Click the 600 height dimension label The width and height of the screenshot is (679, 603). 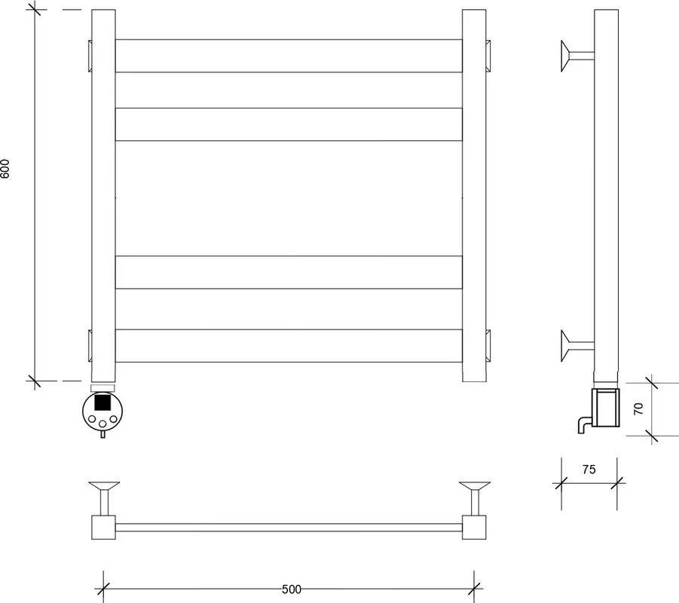tap(5, 169)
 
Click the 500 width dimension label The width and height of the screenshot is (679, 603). tap(292, 589)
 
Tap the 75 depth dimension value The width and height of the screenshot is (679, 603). tap(589, 470)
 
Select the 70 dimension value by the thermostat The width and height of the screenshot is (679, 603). tap(638, 409)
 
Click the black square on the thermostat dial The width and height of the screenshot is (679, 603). tap(102, 403)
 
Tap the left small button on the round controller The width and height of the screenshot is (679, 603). tap(92, 419)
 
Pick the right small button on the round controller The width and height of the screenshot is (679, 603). tap(114, 419)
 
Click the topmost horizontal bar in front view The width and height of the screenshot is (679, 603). tap(289, 56)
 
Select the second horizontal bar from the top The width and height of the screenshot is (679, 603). tap(289, 124)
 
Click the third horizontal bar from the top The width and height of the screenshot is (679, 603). tap(289, 272)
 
